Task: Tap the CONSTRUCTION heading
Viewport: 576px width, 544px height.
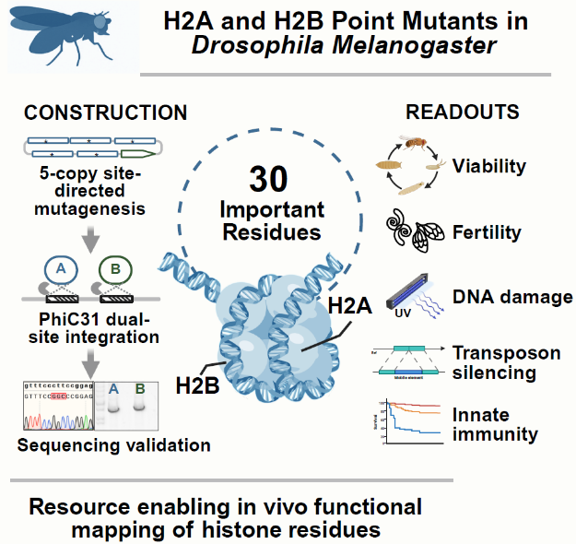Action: pos(105,113)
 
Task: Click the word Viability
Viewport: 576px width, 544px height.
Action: pos(488,167)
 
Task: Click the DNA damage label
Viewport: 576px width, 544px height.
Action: pos(512,297)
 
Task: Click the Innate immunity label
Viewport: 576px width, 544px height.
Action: pos(494,425)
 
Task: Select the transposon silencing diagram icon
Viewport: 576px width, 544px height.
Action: pos(412,360)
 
